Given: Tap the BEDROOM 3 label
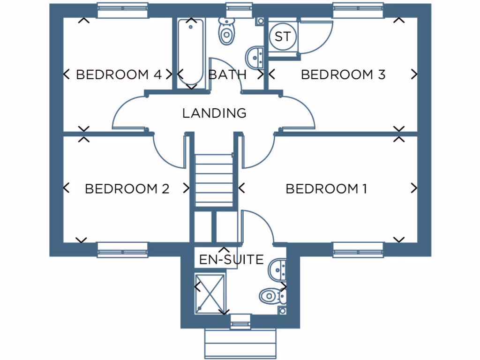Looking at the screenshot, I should pyautogui.click(x=343, y=75).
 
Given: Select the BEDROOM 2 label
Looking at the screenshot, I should pyautogui.click(x=127, y=189).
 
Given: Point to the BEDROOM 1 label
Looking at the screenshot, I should pyautogui.click(x=326, y=189).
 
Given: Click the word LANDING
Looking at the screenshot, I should pyautogui.click(x=214, y=113).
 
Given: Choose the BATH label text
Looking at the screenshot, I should pyautogui.click(x=227, y=75).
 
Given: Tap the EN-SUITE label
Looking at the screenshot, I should pyautogui.click(x=231, y=260).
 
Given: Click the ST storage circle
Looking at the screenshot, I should pyautogui.click(x=282, y=37).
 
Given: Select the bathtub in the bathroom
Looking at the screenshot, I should pyautogui.click(x=191, y=52).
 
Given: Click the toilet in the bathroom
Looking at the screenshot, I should pyautogui.click(x=226, y=32).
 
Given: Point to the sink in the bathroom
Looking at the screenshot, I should pyautogui.click(x=255, y=57).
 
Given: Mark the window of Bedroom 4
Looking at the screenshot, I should pyautogui.click(x=122, y=10).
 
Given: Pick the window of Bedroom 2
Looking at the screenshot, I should pyautogui.click(x=122, y=250).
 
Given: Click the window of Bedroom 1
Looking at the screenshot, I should pyautogui.click(x=359, y=250).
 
